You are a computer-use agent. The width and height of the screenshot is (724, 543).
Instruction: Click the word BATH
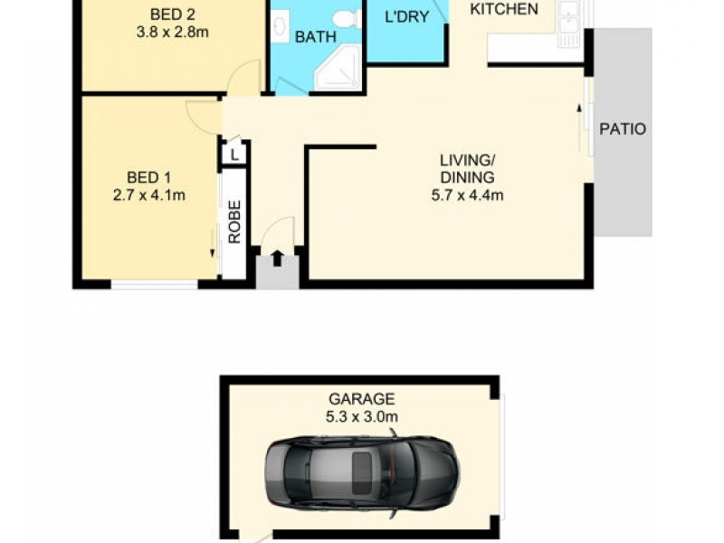pos(316,37)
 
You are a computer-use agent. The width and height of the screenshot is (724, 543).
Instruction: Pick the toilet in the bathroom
pos(345,18)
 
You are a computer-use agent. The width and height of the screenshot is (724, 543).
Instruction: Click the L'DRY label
pos(406,16)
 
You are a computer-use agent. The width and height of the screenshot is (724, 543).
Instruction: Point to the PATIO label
pos(623,129)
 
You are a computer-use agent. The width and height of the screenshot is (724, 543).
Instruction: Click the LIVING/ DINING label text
pos(467,169)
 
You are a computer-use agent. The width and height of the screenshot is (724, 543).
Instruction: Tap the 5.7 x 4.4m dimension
pos(467,195)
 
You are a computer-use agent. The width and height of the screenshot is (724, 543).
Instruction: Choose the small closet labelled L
pos(234,155)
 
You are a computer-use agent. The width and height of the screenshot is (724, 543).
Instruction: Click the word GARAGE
pos(361,398)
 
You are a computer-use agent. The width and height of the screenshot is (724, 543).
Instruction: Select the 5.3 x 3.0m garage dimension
pos(361,416)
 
